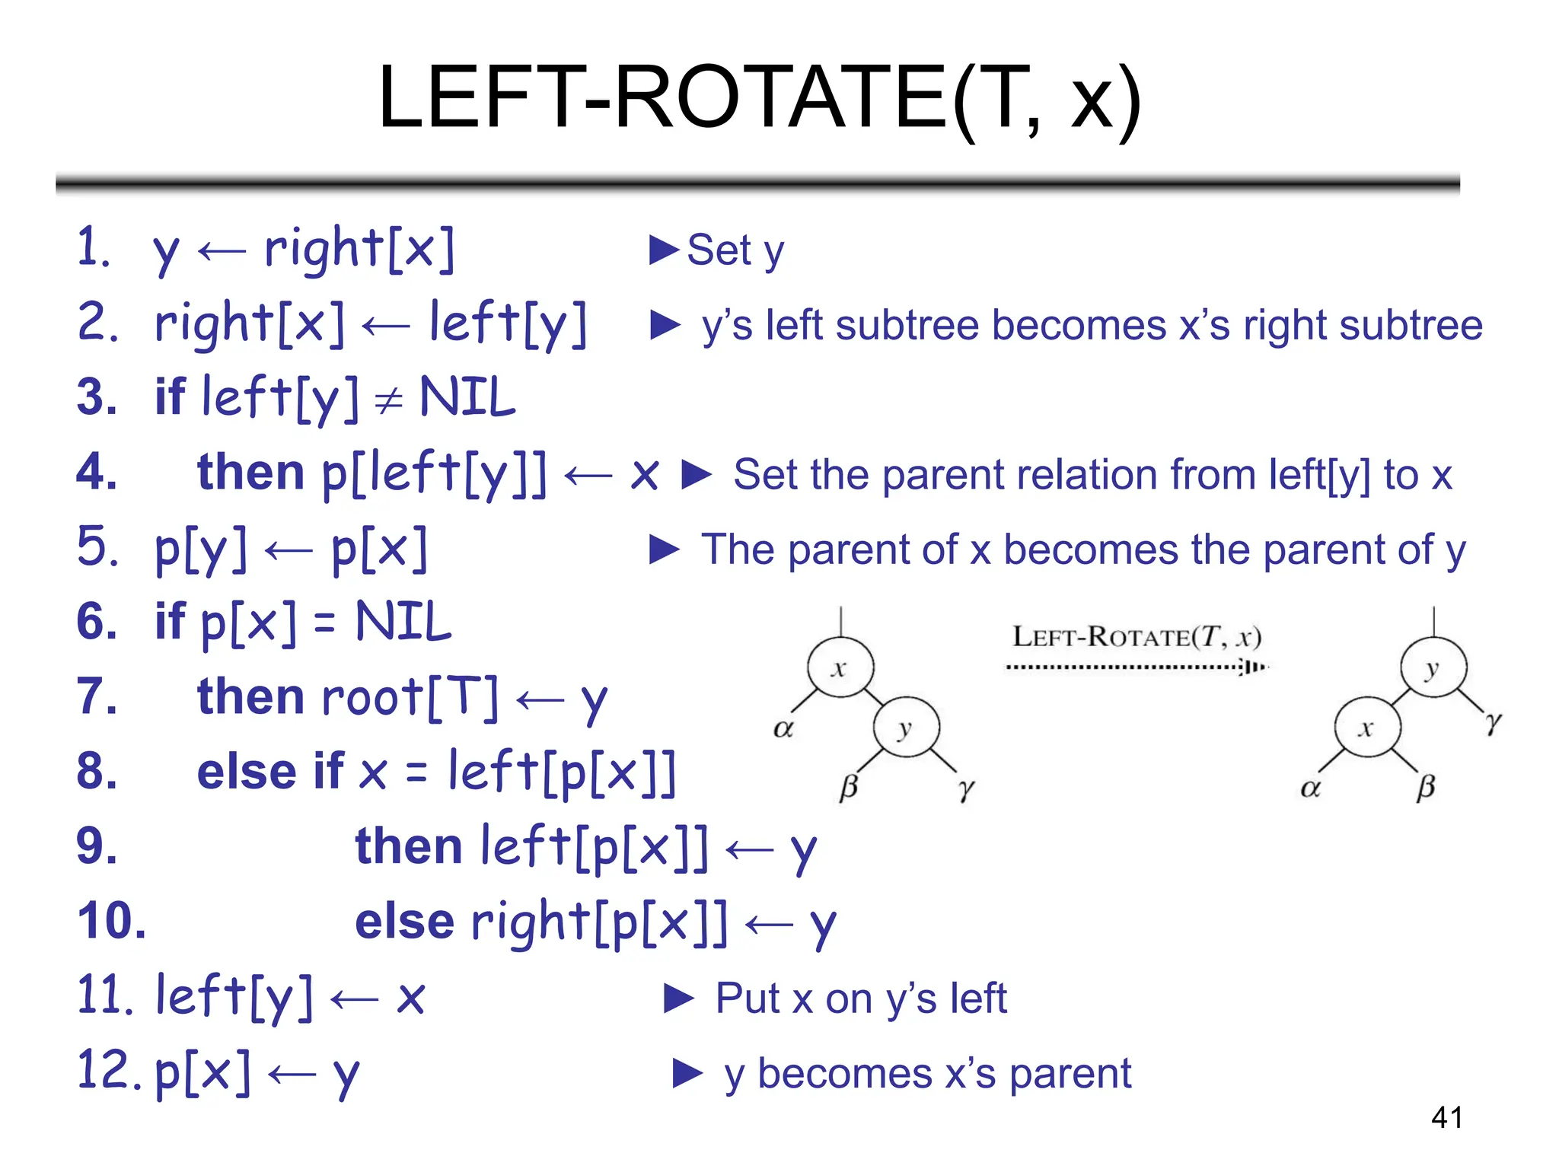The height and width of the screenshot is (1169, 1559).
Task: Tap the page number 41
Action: coord(1446,1117)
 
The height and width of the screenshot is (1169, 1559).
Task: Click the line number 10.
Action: coord(112,921)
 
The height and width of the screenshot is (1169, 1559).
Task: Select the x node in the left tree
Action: coord(840,668)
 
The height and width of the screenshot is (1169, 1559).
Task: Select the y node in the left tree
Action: coord(906,728)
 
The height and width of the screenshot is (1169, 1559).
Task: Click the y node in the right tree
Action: coord(1433,668)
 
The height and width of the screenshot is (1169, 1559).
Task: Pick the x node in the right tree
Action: coord(1367,728)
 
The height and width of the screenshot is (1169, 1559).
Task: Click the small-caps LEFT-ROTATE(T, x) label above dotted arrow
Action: coord(1136,636)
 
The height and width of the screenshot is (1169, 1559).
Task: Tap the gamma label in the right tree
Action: coord(1494,721)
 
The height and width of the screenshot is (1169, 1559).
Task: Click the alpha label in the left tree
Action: coord(783,728)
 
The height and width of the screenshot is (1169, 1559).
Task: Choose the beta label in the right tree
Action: coord(1426,787)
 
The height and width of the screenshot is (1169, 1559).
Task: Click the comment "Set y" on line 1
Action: coord(735,250)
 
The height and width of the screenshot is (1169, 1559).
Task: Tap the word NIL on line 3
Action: coord(467,397)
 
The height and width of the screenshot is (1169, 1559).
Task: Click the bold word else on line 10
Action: coord(404,921)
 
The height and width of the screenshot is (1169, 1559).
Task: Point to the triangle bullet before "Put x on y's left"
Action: coord(679,999)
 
